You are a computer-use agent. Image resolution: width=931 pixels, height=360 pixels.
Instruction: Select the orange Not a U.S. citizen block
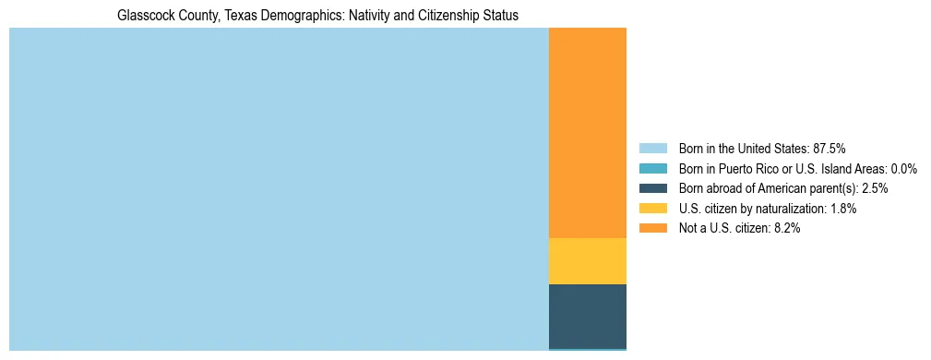pos(588,133)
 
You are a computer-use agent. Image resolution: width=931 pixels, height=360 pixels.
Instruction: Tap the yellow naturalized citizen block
pos(588,261)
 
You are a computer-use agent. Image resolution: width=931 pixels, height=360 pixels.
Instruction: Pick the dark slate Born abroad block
pos(588,316)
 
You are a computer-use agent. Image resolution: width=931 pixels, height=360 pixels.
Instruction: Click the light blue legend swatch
pos(652,148)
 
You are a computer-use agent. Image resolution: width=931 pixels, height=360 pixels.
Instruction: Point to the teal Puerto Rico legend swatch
pos(652,168)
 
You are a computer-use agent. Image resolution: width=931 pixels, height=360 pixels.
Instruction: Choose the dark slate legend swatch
pos(652,188)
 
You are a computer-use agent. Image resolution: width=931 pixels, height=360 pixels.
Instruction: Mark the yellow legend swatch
pos(652,209)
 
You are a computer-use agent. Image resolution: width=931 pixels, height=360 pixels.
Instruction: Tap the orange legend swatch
pos(652,229)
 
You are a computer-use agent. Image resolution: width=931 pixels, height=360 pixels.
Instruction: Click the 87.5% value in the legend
pos(829,148)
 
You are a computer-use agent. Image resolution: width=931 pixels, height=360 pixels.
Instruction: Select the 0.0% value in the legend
pos(903,168)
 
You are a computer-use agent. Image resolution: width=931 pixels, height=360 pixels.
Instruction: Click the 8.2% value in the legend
pos(787,229)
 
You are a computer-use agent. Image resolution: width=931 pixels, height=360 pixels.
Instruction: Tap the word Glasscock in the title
pos(146,16)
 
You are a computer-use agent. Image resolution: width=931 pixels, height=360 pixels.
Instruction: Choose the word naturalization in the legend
pos(794,209)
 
